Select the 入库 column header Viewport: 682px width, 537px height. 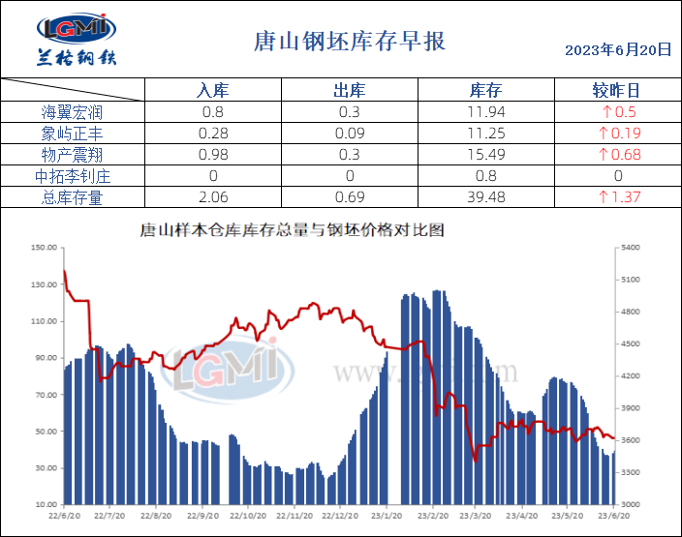tap(212, 91)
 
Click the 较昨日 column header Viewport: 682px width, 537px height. tap(616, 91)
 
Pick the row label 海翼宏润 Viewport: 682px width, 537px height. tap(73, 112)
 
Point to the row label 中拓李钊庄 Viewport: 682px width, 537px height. tap(73, 176)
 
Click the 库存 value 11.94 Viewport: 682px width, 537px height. tap(485, 112)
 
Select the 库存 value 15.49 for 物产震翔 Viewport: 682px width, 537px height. tap(485, 155)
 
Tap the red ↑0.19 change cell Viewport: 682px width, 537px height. tap(619, 134)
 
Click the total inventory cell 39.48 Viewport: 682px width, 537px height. tap(485, 197)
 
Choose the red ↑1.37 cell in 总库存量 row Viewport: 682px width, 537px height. tap(619, 197)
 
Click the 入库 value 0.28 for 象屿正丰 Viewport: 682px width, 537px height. tap(212, 134)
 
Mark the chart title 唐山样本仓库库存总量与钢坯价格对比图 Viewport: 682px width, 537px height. tap(292, 230)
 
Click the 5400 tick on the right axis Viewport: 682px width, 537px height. tap(630, 248)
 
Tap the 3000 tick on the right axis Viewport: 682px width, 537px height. tap(630, 505)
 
